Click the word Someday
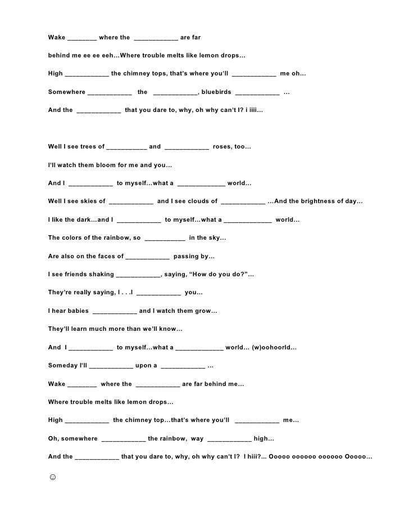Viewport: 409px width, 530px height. click(x=64, y=366)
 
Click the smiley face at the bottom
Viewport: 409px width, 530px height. click(x=53, y=477)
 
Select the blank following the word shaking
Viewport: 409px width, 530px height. click(x=138, y=275)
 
